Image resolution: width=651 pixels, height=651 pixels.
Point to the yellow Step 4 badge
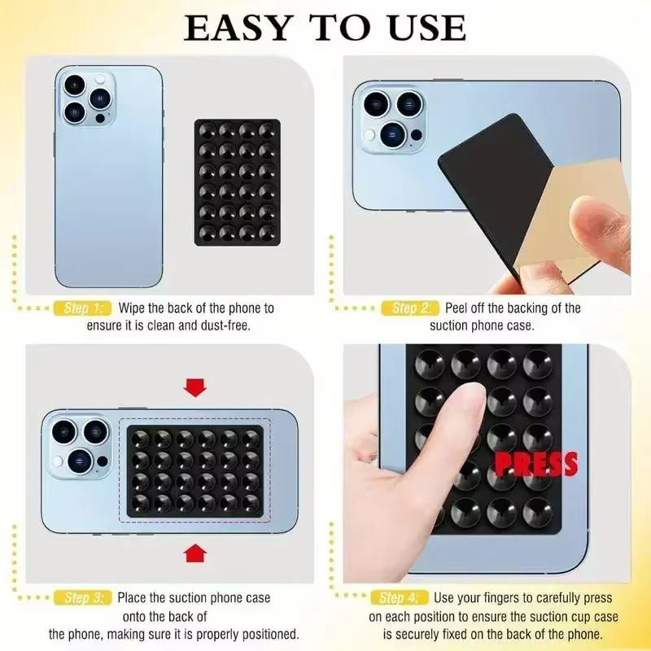point(398,598)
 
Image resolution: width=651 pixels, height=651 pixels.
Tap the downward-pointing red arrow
point(195,387)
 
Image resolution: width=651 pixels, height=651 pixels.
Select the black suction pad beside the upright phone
point(237,182)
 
